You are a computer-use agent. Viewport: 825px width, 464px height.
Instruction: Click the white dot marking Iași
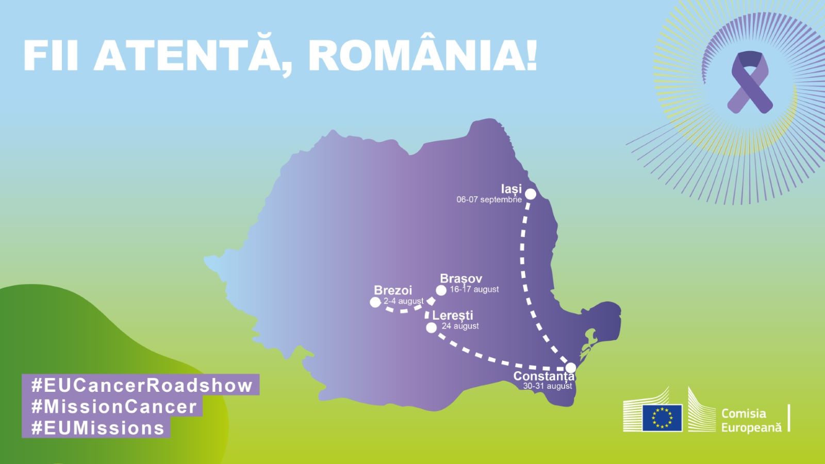[530, 194]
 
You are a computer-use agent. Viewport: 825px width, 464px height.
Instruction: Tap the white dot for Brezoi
[375, 302]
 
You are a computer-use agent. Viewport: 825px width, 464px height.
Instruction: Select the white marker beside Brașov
[441, 291]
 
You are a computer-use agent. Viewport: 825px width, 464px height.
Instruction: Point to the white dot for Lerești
[432, 327]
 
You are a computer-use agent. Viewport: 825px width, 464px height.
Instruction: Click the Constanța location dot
[570, 368]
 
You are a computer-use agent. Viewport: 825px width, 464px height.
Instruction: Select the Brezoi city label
[393, 290]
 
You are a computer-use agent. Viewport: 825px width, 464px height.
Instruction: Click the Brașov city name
[461, 279]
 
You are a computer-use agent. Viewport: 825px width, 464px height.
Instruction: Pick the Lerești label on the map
[453, 315]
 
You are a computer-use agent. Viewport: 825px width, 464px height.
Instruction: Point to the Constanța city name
[543, 376]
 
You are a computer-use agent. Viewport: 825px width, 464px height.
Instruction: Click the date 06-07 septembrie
[489, 200]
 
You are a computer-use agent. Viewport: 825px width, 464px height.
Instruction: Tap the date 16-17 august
[474, 289]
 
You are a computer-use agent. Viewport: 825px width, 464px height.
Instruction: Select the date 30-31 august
[548, 386]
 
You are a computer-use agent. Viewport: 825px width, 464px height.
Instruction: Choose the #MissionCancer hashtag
[114, 407]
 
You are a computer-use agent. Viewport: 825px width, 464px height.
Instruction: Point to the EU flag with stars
[662, 418]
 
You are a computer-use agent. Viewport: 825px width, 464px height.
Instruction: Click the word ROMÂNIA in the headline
[423, 56]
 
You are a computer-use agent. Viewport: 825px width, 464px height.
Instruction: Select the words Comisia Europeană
[751, 420]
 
